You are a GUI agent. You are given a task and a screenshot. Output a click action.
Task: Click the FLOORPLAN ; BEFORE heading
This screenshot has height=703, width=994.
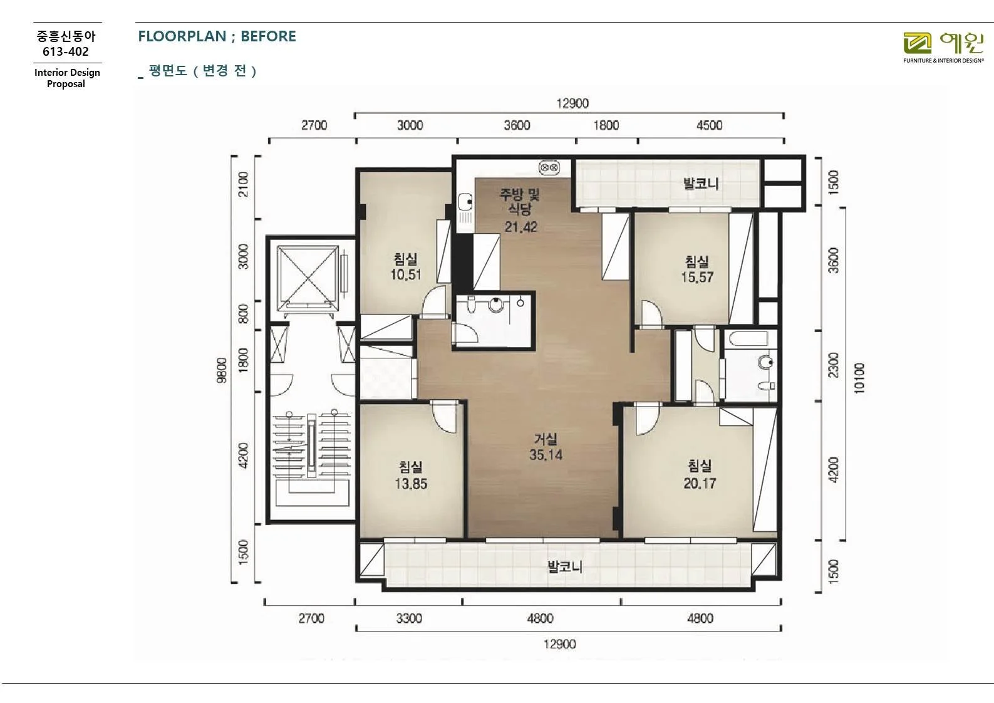tap(217, 36)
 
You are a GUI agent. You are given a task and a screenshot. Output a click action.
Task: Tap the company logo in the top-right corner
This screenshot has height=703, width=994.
tap(943, 48)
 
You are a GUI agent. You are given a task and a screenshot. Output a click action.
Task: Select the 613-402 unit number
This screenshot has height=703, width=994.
tap(66, 51)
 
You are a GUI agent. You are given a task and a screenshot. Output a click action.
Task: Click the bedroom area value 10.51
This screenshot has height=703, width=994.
tap(406, 274)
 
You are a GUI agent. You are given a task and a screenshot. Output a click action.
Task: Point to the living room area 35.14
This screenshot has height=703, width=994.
tap(546, 454)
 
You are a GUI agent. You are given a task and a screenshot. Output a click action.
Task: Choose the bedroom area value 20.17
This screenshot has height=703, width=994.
tap(700, 483)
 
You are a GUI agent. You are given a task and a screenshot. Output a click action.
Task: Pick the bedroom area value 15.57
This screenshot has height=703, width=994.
tap(697, 278)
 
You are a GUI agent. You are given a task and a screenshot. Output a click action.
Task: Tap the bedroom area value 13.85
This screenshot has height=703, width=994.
tap(411, 483)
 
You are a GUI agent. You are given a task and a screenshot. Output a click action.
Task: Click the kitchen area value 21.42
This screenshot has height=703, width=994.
tap(520, 227)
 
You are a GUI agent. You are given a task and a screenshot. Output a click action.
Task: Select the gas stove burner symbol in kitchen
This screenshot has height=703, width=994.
tap(549, 168)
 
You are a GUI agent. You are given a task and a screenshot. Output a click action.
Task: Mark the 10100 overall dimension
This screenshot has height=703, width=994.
tap(859, 378)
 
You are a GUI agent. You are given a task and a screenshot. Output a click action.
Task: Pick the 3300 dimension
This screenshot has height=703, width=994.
tap(409, 618)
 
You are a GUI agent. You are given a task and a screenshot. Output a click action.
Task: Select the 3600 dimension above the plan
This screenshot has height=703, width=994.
tap(517, 125)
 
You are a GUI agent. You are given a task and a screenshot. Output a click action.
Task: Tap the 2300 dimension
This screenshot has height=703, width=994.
tap(834, 365)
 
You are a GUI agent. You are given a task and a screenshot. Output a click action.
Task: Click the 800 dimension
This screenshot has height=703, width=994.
tap(243, 314)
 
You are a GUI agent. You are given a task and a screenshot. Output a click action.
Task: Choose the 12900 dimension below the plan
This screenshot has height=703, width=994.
tap(559, 644)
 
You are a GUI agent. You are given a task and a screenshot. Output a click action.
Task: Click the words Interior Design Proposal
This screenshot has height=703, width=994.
tap(67, 78)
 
